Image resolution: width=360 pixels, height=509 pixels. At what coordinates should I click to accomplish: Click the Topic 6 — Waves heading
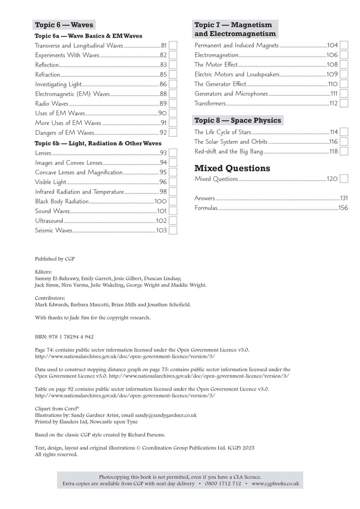pos(64,25)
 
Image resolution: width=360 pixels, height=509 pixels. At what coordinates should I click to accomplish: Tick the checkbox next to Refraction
pos(173,74)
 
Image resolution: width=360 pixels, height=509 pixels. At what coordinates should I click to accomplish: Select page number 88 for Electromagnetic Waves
pos(163,94)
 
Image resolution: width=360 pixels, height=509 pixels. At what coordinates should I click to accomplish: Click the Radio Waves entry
pos(52,104)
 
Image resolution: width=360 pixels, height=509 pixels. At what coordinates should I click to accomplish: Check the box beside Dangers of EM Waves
pos(173,132)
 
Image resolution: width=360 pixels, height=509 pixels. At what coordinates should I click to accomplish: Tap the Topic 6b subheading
pos(98,143)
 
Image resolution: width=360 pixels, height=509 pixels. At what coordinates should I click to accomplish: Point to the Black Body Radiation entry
pos(62,201)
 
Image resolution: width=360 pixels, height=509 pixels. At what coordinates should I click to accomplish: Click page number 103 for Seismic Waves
pos(161,231)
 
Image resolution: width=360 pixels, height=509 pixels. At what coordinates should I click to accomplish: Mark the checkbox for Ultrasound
pos(173,221)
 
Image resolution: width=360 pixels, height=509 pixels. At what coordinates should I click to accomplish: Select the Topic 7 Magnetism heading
pos(235,29)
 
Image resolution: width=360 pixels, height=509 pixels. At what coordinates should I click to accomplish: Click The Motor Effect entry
pos(216,65)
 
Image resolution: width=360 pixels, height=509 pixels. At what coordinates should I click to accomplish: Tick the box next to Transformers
pos(344,103)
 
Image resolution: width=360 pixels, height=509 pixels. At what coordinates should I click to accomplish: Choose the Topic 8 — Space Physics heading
pos(238,121)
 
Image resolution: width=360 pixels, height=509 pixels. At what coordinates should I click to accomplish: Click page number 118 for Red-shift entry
pos(333,152)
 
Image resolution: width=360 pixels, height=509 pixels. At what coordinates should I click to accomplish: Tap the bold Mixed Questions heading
pos(232,168)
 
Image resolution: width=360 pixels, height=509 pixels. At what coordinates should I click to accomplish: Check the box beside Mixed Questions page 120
pos(344,179)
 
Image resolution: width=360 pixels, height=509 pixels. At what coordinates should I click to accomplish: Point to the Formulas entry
pos(206,208)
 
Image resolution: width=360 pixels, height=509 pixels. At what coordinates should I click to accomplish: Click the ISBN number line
pos(64,337)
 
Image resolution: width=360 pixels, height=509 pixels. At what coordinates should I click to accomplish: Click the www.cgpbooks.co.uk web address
pos(275,484)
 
